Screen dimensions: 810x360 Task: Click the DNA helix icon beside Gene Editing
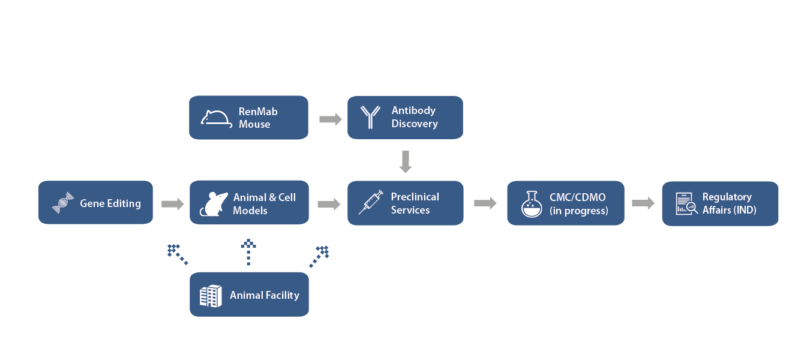[x=63, y=203]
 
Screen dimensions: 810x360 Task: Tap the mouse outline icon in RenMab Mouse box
[x=216, y=119]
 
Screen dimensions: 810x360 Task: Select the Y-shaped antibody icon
[x=370, y=117]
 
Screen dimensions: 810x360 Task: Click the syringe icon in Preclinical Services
[x=371, y=202]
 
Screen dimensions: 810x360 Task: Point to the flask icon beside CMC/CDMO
[x=532, y=204]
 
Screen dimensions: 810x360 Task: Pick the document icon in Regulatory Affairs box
[x=686, y=204]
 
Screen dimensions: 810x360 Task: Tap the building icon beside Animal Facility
[x=211, y=296]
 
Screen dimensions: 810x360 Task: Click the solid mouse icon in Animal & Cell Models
[x=214, y=204]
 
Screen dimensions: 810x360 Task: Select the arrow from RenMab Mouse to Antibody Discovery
[x=331, y=119]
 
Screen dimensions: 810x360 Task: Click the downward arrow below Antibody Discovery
[x=406, y=161]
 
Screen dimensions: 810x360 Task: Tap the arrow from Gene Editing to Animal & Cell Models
[x=172, y=204]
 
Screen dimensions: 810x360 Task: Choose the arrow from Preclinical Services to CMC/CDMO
[x=485, y=203]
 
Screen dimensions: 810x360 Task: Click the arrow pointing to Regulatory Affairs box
[x=643, y=203]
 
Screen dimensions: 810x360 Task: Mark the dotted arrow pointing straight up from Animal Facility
[x=248, y=252]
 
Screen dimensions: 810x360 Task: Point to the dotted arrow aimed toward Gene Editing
[x=177, y=254]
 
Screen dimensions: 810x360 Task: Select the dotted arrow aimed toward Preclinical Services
[x=319, y=257]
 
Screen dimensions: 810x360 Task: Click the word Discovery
[x=415, y=124]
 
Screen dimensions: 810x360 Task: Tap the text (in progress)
[x=579, y=211]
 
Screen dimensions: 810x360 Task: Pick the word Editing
[x=125, y=204]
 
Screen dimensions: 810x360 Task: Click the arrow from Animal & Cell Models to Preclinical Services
[x=329, y=204]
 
